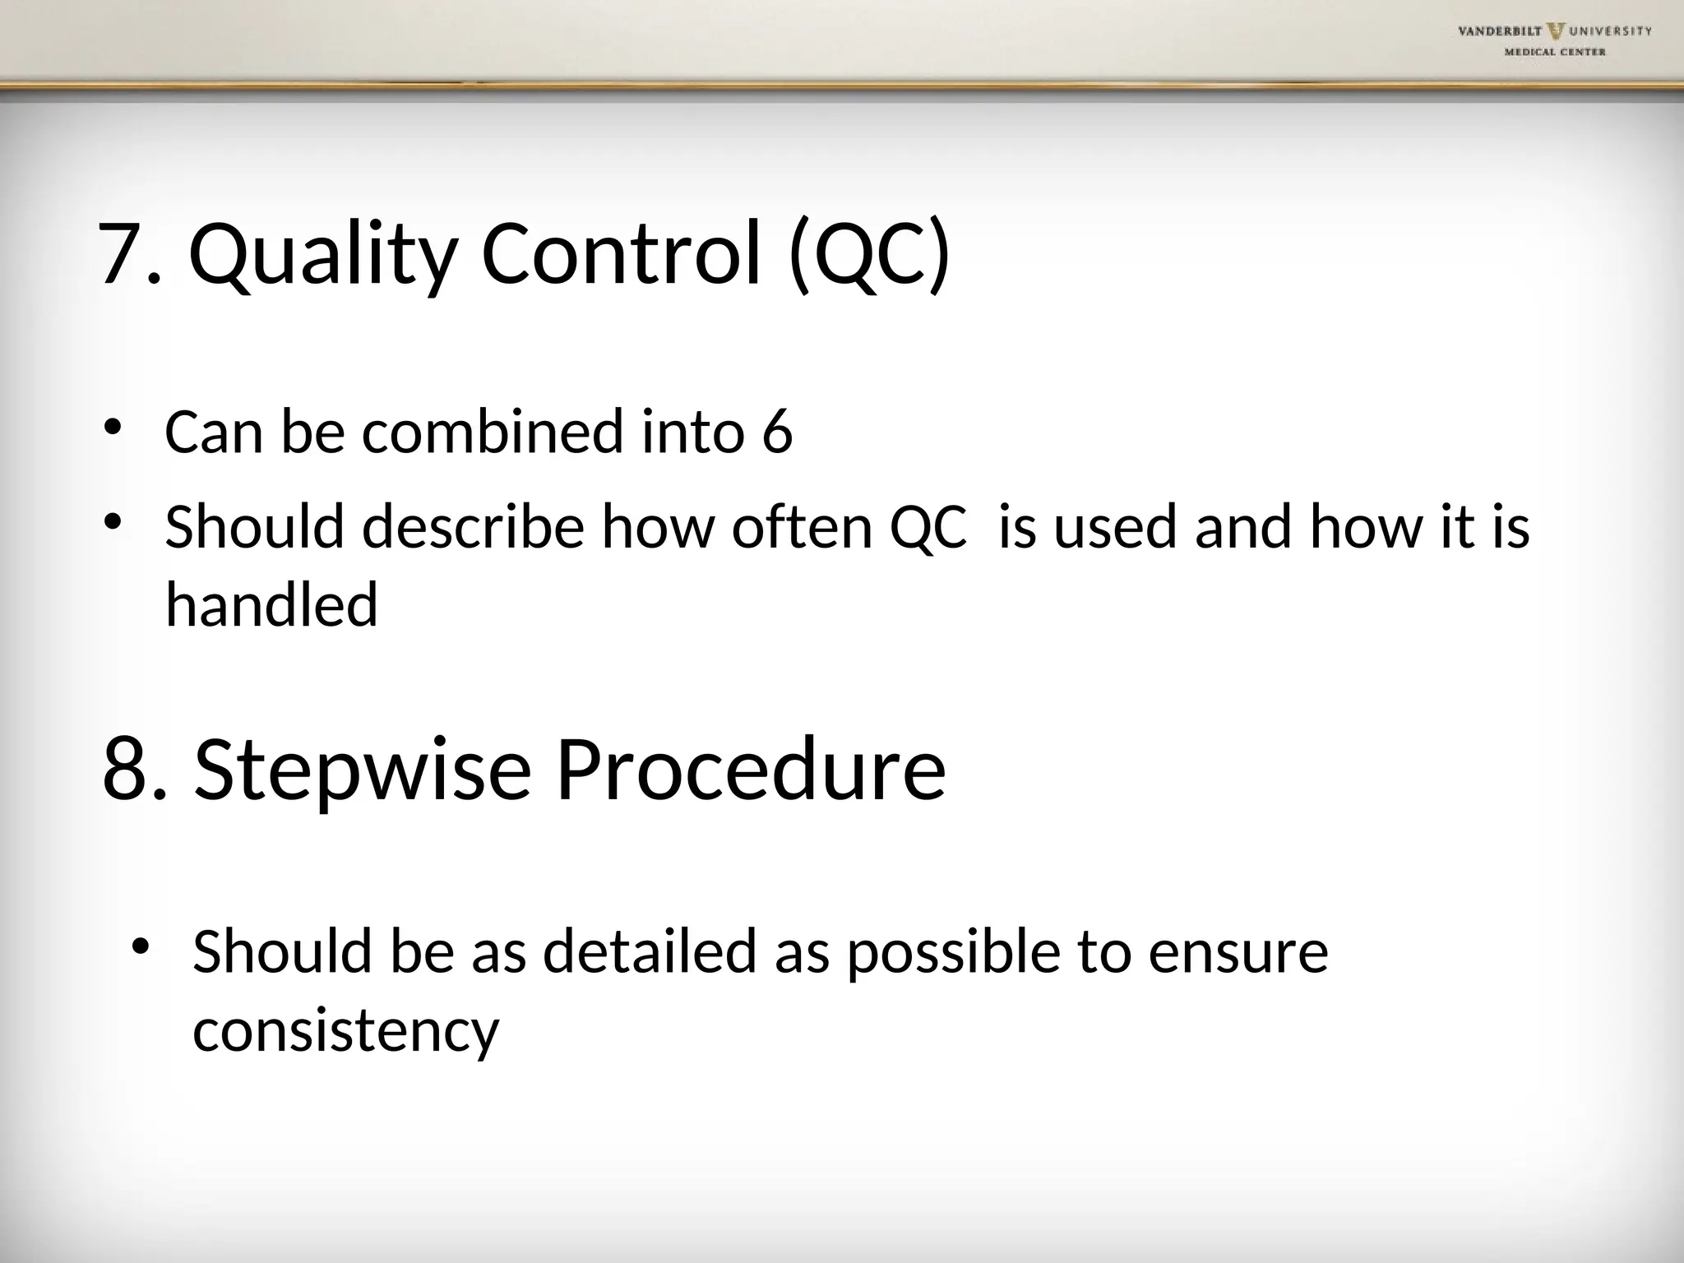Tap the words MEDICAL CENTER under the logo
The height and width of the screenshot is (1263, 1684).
point(1566,53)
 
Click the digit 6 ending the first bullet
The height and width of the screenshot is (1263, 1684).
point(777,432)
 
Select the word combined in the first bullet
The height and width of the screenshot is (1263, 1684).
point(493,432)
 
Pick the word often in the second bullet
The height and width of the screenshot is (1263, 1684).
point(802,526)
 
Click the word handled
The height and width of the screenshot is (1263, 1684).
point(271,604)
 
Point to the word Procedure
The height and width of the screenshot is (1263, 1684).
point(750,770)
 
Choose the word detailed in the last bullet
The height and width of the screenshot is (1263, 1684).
point(649,951)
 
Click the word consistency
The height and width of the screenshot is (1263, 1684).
point(345,1029)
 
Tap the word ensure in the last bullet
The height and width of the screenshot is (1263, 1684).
point(1238,951)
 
